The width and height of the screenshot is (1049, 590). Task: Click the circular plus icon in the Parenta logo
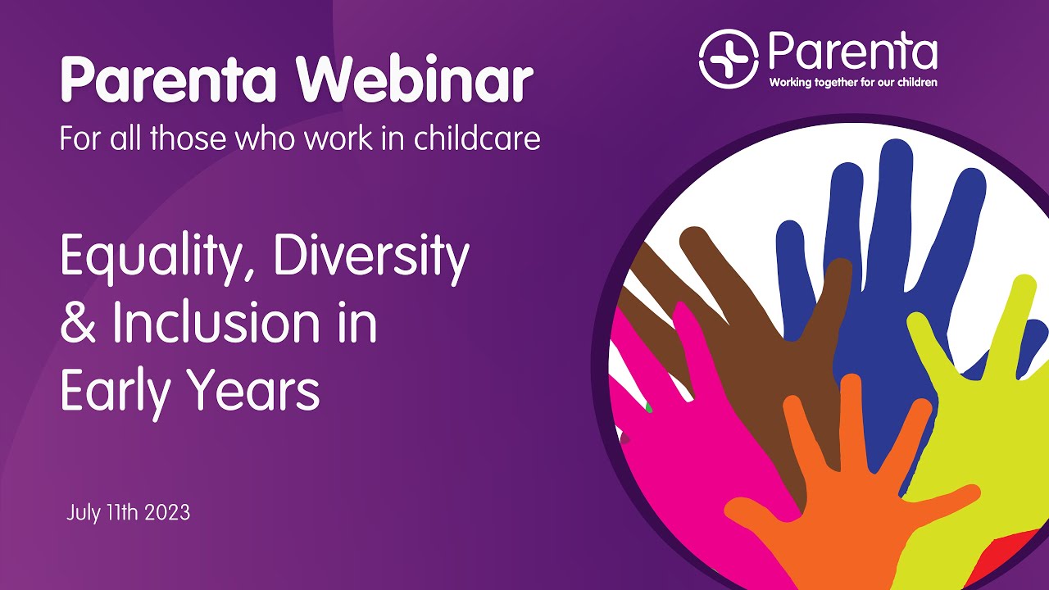tap(728, 59)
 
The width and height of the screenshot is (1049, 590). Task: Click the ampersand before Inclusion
tap(79, 324)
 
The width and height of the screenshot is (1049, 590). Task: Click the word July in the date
tap(82, 514)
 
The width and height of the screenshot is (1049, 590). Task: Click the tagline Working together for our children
tap(852, 82)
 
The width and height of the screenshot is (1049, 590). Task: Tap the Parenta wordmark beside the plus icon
tap(852, 52)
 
